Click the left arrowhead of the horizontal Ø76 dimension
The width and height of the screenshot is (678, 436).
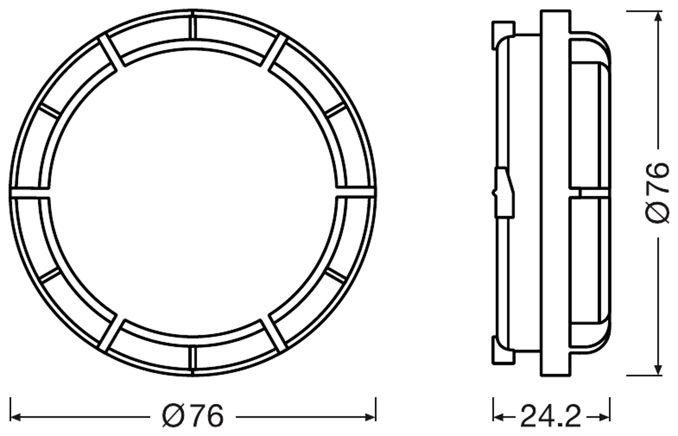click(15, 417)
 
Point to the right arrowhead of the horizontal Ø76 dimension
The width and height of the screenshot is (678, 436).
click(370, 417)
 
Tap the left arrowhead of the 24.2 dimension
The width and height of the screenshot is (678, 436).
click(498, 417)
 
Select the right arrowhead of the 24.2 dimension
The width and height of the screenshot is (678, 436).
click(605, 417)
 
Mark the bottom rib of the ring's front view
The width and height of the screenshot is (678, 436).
click(193, 358)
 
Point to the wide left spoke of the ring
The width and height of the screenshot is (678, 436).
click(30, 193)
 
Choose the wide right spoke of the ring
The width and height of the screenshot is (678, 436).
click(356, 192)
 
